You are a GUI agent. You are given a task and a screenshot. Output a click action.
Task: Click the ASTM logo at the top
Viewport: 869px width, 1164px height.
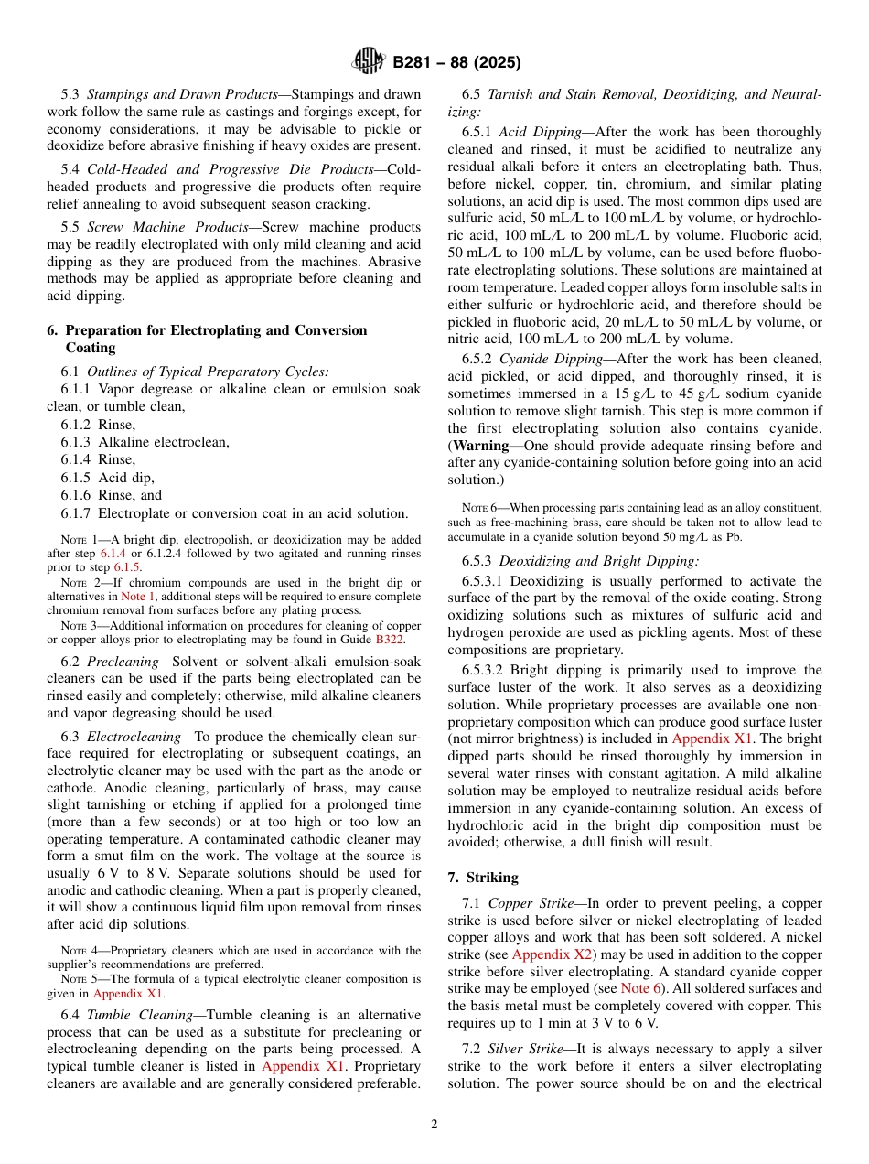coord(369,62)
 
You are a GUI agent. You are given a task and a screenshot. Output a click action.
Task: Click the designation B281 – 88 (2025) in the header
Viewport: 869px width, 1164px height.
coord(456,63)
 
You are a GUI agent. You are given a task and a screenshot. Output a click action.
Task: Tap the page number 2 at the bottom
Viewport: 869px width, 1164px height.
coord(434,1125)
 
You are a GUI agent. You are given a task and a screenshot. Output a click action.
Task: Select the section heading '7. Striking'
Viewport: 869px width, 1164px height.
coord(485,877)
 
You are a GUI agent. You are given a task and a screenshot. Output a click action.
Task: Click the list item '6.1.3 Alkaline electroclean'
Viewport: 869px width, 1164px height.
coord(145,442)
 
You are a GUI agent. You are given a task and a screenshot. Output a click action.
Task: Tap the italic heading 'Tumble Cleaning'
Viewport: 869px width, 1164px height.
coord(134,1015)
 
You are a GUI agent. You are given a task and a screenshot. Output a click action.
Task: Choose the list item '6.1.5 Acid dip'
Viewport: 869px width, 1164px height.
coord(108,478)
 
